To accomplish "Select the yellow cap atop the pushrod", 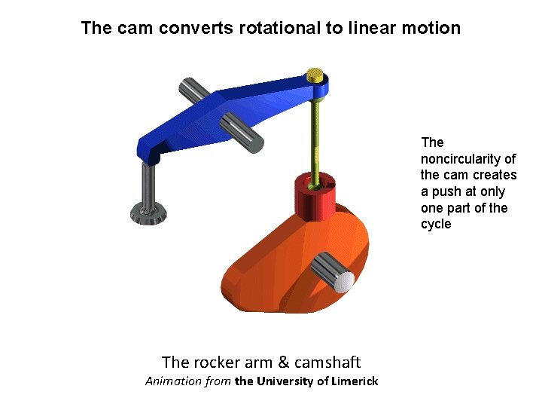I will point(315,75).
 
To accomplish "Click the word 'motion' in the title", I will point(432,29).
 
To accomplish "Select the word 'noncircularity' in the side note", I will point(468,158).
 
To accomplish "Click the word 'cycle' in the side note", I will point(436,224).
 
